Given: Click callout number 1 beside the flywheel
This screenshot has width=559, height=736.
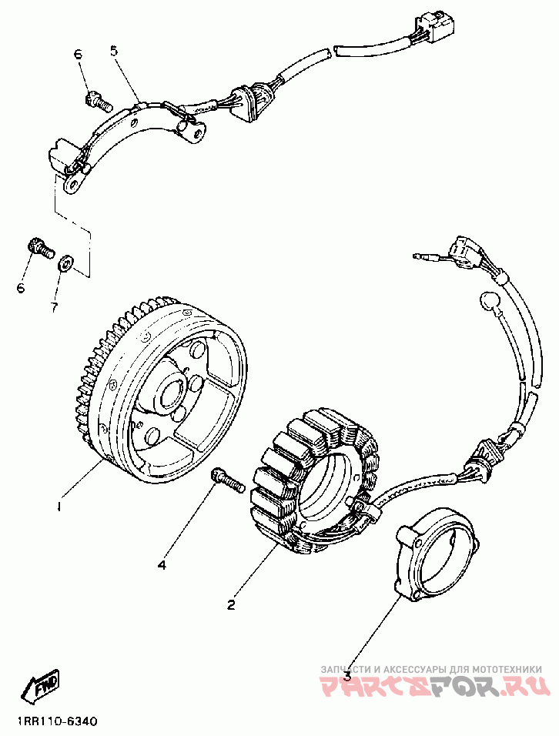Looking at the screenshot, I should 57,507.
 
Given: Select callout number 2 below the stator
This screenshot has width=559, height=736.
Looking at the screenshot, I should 230,605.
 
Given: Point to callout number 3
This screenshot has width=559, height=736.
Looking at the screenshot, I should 347,676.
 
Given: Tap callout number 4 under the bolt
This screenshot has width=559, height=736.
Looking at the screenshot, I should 162,566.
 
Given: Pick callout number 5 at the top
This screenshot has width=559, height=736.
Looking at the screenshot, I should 114,52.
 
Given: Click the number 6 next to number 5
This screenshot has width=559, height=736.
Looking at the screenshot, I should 78,54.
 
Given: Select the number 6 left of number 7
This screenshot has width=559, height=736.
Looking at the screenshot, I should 21,288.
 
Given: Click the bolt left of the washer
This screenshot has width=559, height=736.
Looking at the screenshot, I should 38,248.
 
